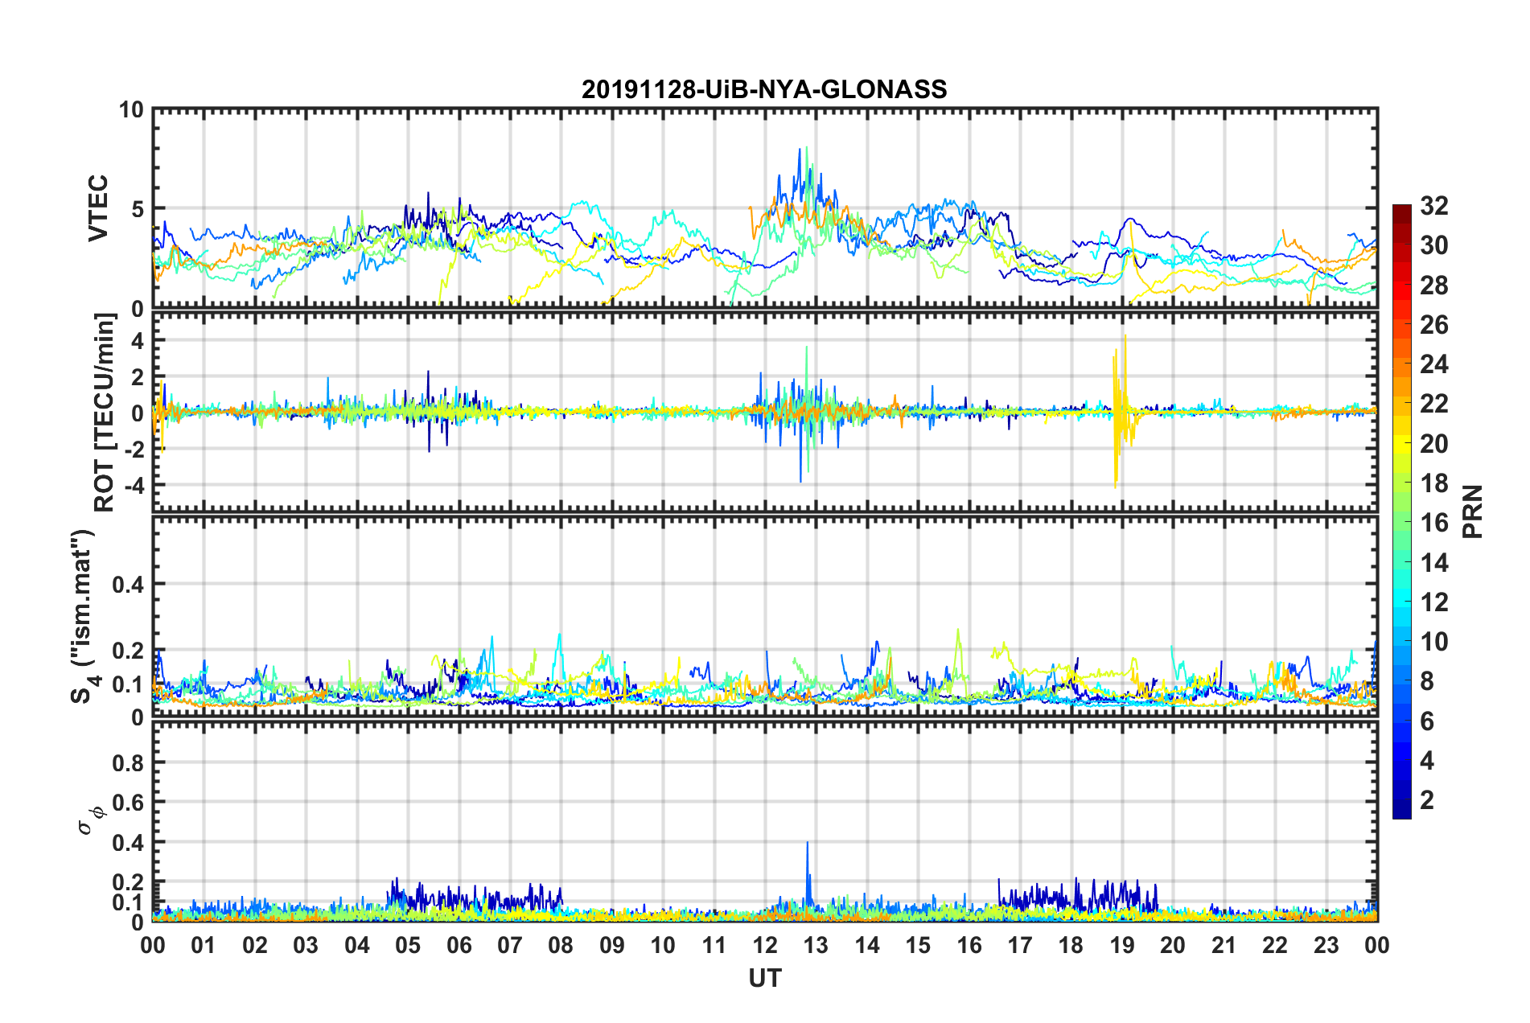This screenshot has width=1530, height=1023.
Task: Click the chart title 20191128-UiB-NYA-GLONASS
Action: pos(764,89)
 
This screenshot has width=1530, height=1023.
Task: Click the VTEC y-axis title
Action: pos(98,208)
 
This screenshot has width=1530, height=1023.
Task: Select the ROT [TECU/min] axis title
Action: pos(105,413)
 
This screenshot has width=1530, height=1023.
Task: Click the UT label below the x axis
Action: pos(764,978)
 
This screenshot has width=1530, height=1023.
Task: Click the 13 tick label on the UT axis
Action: pos(816,945)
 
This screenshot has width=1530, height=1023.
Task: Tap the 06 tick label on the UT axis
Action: pos(459,945)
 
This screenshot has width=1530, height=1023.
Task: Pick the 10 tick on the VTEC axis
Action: pos(131,110)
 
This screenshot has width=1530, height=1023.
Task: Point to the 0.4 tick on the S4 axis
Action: pos(128,585)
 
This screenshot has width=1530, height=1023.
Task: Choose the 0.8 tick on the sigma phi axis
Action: pos(128,763)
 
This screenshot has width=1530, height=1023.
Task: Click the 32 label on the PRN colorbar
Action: pos(1433,207)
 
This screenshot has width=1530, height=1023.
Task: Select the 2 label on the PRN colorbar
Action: pos(1427,800)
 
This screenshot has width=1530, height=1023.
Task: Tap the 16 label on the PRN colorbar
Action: pos(1433,523)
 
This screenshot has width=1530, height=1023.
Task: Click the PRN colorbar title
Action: pos(1473,511)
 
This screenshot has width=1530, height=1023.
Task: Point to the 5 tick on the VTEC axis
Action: pos(137,209)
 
